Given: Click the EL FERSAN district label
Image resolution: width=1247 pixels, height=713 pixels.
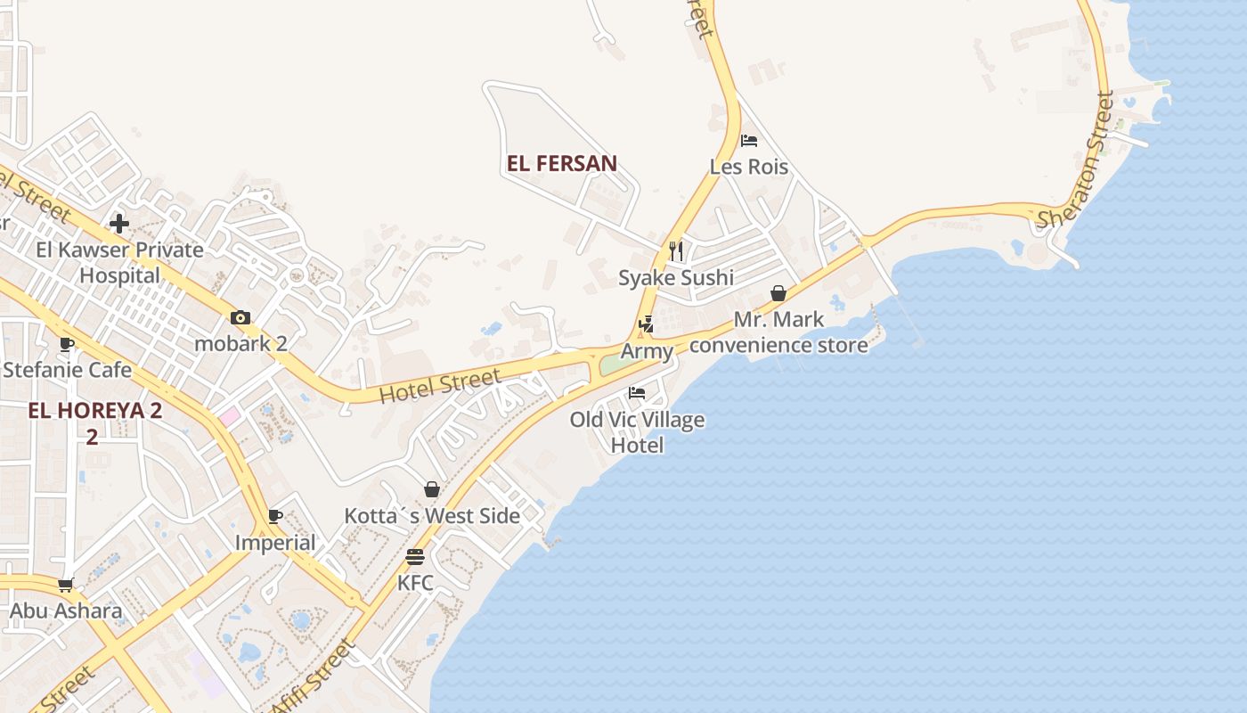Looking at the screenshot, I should (x=561, y=164).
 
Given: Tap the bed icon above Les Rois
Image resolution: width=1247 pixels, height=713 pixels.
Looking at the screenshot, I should (x=748, y=141).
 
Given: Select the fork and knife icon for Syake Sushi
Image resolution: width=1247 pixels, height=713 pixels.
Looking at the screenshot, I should (x=676, y=250).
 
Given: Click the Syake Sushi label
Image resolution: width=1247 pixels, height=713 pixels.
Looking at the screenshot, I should (x=676, y=278).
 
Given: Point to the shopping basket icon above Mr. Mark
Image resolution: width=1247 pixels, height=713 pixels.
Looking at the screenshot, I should (x=778, y=293).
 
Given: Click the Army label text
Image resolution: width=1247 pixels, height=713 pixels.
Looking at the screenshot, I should (x=647, y=351).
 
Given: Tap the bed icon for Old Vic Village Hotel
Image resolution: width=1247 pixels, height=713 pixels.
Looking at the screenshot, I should (x=637, y=392).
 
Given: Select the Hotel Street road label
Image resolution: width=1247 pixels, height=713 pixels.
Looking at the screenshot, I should (x=440, y=387).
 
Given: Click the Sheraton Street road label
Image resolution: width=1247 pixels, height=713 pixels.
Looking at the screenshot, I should (x=1076, y=160).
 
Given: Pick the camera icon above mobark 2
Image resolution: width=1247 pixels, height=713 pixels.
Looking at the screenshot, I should (x=240, y=318).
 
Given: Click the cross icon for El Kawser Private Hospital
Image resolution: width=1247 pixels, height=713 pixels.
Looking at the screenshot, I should (x=119, y=223).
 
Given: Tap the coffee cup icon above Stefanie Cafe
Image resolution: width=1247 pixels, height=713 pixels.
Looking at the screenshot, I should (x=66, y=344).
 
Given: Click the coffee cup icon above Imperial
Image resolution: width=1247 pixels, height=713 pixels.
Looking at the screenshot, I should (x=275, y=516).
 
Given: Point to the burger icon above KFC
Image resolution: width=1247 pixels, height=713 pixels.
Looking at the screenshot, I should (x=415, y=557).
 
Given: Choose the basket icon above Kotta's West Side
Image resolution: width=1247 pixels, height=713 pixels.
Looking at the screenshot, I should (x=432, y=489).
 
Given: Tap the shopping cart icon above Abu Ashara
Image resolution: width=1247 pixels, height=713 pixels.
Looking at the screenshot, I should (x=65, y=586).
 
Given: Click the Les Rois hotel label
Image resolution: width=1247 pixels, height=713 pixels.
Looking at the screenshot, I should (x=748, y=167).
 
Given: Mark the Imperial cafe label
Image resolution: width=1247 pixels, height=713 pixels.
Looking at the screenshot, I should (x=275, y=543).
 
